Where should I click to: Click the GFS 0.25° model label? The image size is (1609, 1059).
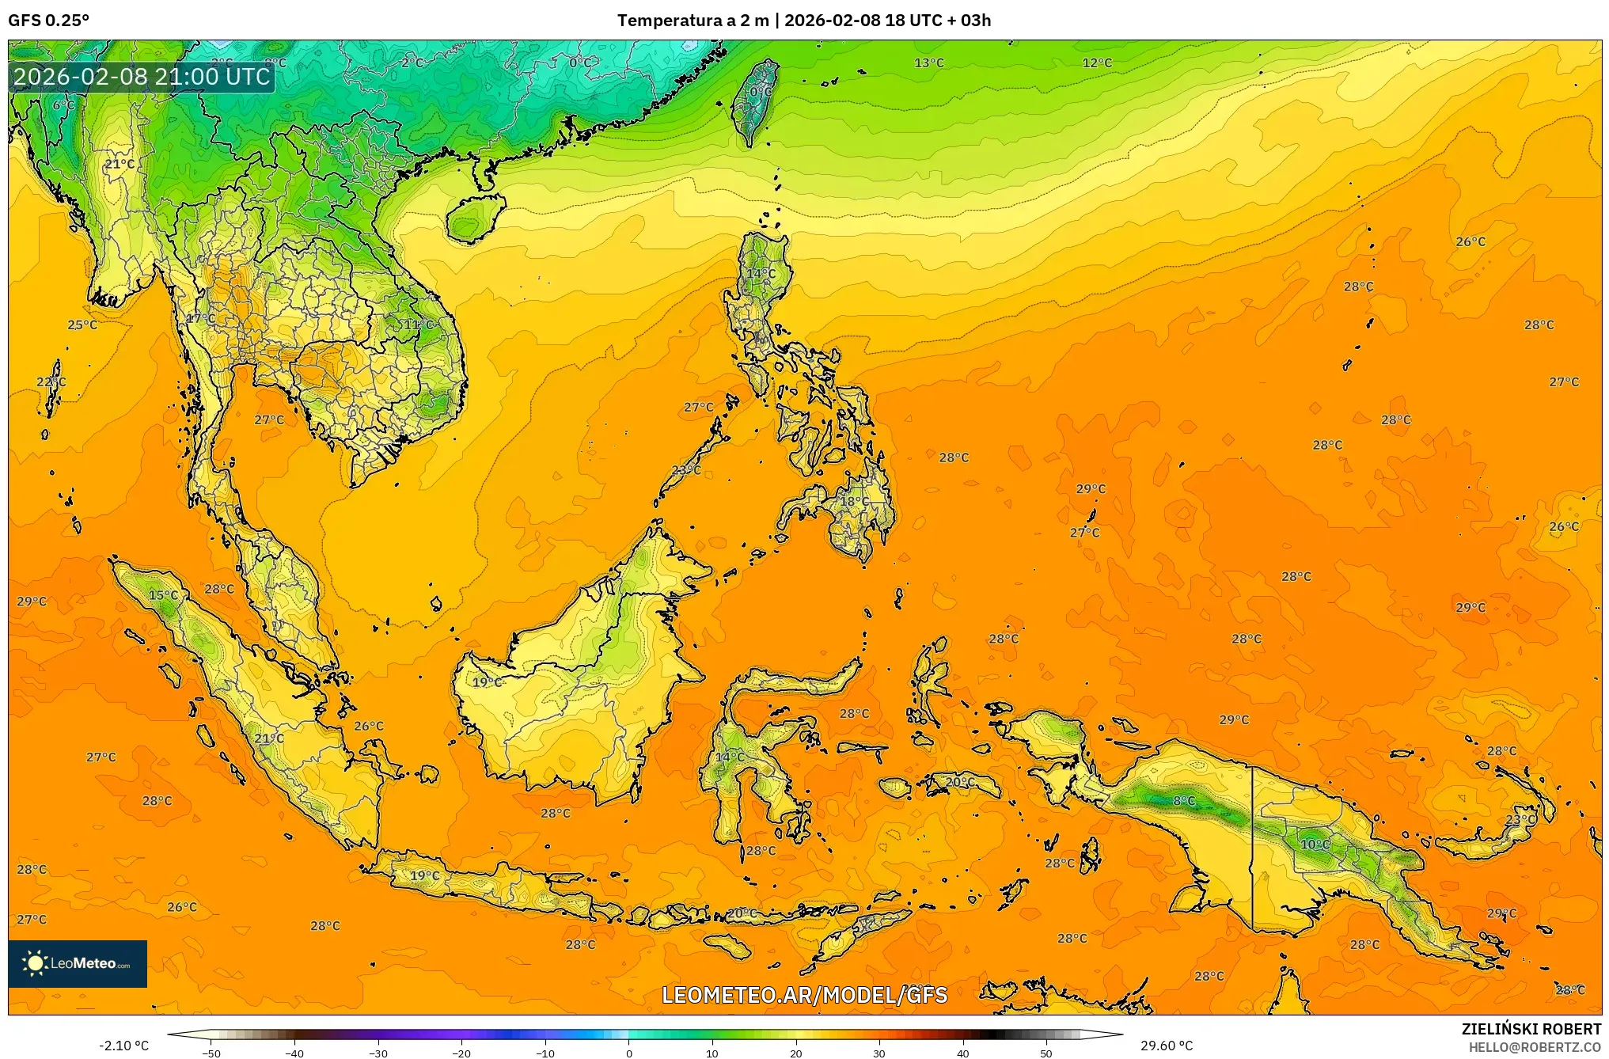[x=49, y=21]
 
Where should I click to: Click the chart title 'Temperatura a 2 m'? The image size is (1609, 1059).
[x=693, y=21]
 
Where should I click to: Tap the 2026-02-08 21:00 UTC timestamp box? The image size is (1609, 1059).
[x=142, y=77]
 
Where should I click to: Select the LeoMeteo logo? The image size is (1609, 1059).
[x=78, y=963]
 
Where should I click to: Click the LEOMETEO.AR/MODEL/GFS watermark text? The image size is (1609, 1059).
[x=804, y=995]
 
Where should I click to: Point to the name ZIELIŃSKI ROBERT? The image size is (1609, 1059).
[x=1531, y=1029]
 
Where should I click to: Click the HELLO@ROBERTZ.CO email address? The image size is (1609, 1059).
[x=1535, y=1047]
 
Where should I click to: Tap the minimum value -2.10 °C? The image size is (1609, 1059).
[x=123, y=1046]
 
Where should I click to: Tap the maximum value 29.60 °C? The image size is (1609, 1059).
[x=1166, y=1046]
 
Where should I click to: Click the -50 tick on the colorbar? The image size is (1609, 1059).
[x=211, y=1053]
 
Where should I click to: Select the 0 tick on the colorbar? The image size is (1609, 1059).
[x=629, y=1053]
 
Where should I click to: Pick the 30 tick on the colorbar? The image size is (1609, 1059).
[x=879, y=1053]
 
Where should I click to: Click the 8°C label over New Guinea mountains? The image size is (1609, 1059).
[x=1184, y=801]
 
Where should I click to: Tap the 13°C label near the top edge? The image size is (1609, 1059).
[x=929, y=63]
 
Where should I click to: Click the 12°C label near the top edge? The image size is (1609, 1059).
[x=1097, y=63]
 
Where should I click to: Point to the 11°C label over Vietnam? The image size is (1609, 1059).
[x=419, y=325]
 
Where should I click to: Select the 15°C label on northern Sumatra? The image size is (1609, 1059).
[x=164, y=595]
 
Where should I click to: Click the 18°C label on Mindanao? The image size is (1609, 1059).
[x=854, y=501]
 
